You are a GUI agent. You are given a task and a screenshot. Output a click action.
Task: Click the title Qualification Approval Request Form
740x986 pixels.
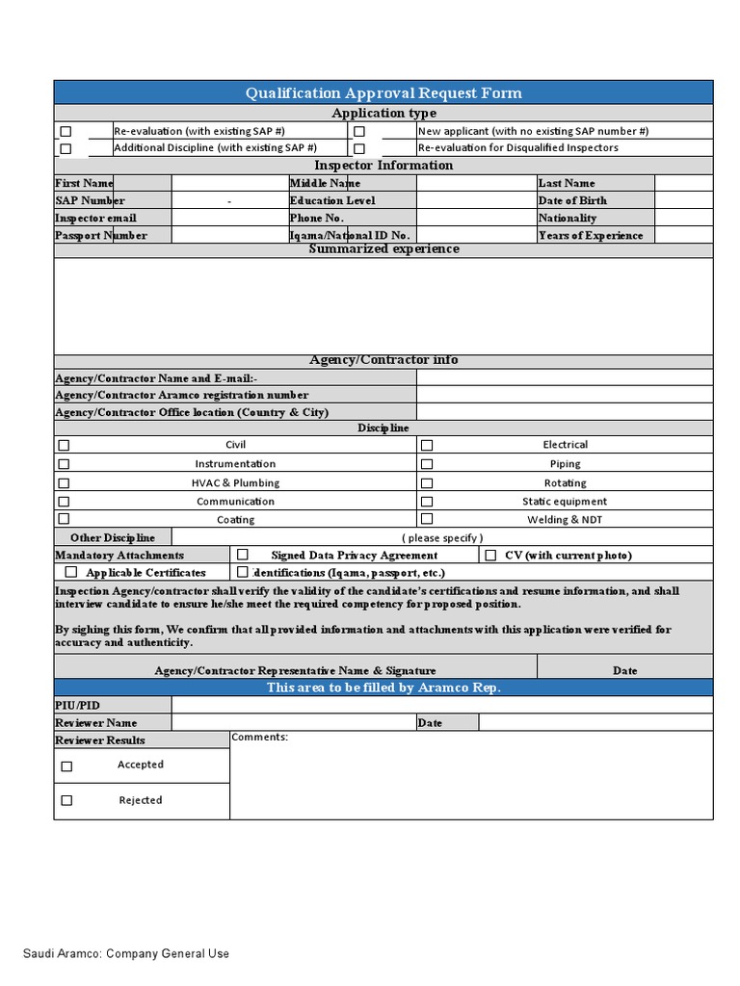(x=383, y=93)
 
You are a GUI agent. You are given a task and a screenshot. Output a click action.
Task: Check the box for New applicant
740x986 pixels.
(x=358, y=131)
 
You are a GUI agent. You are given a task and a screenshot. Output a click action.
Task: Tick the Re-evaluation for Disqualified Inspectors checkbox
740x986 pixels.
(x=358, y=148)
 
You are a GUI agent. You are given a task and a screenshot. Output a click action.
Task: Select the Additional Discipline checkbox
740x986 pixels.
(x=66, y=148)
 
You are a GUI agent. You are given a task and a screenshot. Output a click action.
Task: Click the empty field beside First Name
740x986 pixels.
(x=229, y=183)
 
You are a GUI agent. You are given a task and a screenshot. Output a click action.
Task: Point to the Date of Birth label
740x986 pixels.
(x=572, y=200)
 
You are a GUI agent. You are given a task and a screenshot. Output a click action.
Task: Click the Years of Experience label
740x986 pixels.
(x=591, y=235)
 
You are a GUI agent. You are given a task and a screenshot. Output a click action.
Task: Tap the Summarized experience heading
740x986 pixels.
(x=383, y=249)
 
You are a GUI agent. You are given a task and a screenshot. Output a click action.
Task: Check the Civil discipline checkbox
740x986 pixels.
(x=65, y=446)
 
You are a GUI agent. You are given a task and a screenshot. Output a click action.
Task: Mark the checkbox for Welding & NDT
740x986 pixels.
(x=427, y=519)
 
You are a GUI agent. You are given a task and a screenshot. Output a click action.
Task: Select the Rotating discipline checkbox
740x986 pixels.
(x=427, y=482)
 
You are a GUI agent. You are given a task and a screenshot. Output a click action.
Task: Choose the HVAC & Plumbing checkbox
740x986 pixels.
(x=65, y=482)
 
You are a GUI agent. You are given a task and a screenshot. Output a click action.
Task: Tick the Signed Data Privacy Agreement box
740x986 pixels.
(x=243, y=555)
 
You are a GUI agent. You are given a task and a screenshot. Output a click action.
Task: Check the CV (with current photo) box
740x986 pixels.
(x=490, y=555)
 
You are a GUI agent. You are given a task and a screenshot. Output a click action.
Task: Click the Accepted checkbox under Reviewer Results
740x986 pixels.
(x=66, y=766)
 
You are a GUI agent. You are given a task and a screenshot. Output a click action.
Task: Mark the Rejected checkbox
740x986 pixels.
(x=66, y=800)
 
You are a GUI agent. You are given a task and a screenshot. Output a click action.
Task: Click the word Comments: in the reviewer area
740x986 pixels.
(x=259, y=738)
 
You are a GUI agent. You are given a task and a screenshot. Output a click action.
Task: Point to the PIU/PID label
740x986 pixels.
(x=77, y=705)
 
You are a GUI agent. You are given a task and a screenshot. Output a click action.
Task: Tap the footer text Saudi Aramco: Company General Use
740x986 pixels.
(x=126, y=953)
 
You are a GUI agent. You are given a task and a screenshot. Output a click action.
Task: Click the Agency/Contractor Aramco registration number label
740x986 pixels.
(x=182, y=395)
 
